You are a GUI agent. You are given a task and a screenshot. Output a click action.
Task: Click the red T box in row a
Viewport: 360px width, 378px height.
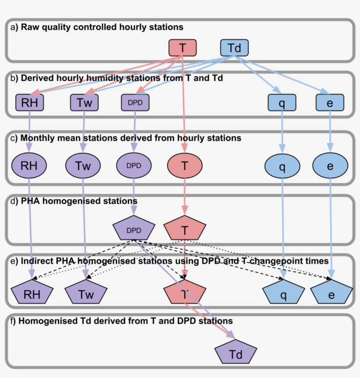(x=182, y=47)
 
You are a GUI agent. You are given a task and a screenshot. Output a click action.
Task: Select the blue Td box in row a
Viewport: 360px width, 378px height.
(x=234, y=47)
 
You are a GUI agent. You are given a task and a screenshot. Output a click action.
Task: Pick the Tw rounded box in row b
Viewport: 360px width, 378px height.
(x=84, y=103)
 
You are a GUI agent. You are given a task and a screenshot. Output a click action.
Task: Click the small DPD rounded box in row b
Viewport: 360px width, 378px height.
(x=135, y=103)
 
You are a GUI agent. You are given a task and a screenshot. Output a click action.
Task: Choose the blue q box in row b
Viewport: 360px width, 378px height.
(x=281, y=103)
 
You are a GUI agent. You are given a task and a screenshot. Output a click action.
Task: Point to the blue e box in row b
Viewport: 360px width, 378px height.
(x=330, y=103)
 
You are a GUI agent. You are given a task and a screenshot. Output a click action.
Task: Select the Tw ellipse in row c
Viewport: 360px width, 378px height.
(x=83, y=166)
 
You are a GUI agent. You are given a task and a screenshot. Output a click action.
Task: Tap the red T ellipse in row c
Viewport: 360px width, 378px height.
(x=185, y=166)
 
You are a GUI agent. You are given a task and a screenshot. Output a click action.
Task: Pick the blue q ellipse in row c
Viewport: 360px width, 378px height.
(x=282, y=167)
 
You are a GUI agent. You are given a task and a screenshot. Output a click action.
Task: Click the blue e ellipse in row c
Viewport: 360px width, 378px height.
(x=330, y=166)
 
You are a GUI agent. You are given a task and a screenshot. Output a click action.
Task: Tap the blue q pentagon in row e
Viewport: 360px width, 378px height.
(x=283, y=294)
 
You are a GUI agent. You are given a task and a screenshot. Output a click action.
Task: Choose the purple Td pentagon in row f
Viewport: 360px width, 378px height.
(x=235, y=354)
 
